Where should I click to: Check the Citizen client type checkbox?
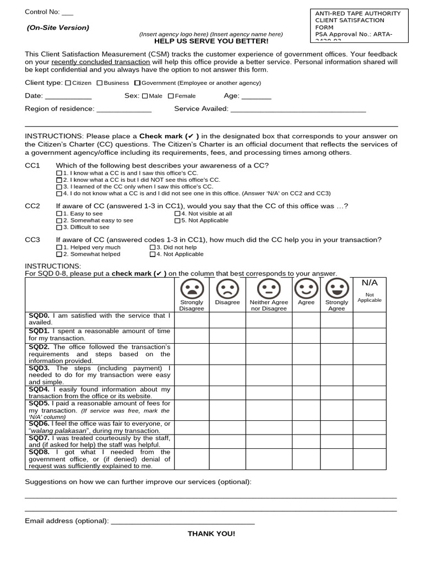point(68,83)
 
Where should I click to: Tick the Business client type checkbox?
point(100,83)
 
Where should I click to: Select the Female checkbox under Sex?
point(171,96)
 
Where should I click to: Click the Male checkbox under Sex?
point(145,96)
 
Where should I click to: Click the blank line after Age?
point(256,97)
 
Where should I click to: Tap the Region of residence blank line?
point(124,110)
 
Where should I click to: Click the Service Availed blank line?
point(298,110)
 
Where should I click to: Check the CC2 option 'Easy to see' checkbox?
point(59,214)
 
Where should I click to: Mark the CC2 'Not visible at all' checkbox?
point(177,214)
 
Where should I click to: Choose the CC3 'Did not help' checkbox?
point(153,247)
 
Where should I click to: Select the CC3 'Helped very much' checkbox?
point(59,247)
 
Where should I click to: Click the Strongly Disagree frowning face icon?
point(192,288)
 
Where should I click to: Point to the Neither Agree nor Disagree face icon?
point(269,288)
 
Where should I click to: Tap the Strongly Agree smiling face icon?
point(337,288)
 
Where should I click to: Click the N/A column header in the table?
point(370,283)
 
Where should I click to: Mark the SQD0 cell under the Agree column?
point(306,319)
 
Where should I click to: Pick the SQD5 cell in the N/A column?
point(370,410)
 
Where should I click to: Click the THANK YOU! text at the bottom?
point(211,534)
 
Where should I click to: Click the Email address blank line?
point(183,522)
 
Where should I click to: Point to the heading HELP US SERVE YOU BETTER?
point(211,41)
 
